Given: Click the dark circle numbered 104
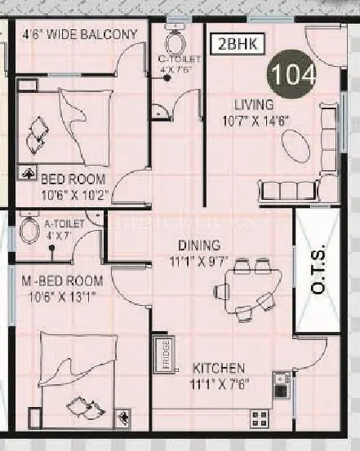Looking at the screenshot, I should click(294, 74).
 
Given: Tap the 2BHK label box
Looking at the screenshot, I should click(236, 45).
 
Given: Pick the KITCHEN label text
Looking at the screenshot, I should click(220, 368).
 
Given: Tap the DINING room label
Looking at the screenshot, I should click(199, 245).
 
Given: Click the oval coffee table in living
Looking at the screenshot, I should click(296, 148).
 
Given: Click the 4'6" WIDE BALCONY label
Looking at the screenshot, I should click(80, 34).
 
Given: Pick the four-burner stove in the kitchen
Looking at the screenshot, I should click(260, 420).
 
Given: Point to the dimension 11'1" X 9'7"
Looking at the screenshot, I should click(199, 262).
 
